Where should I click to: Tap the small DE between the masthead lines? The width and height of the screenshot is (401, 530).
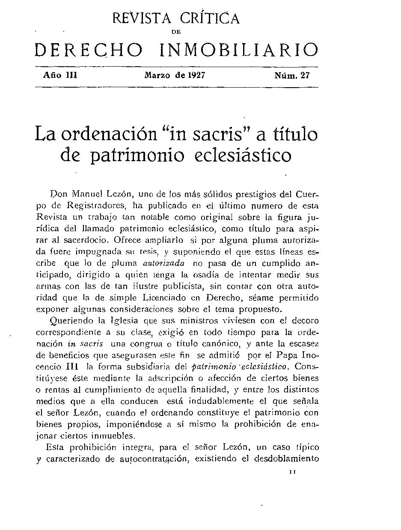point(176,32)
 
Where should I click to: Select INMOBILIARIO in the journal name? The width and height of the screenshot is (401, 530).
point(239,50)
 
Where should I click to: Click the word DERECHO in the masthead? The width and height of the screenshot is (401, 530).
point(88,50)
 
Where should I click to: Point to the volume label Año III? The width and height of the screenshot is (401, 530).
point(59,76)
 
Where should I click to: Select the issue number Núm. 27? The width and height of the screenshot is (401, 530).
point(292,76)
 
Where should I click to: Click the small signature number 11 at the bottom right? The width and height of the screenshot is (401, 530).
point(293,472)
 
